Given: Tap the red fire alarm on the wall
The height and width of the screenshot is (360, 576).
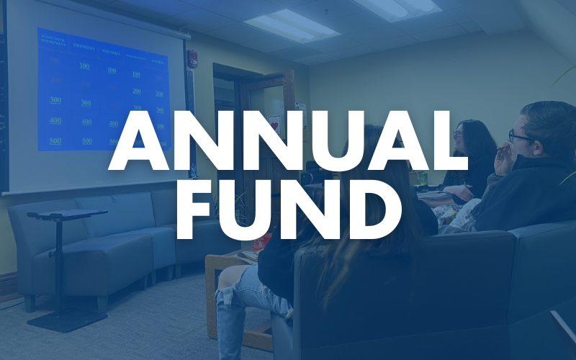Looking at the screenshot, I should click(192, 59).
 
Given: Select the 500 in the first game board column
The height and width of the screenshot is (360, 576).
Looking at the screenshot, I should click(55, 140).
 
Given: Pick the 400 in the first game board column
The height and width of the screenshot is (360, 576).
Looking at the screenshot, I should click(55, 120).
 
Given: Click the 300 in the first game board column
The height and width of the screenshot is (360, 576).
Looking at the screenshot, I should click(55, 100).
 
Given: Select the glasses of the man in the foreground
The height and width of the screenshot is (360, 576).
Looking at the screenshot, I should click(520, 135).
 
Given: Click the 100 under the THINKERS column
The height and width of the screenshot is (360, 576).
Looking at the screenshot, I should click(85, 66).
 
